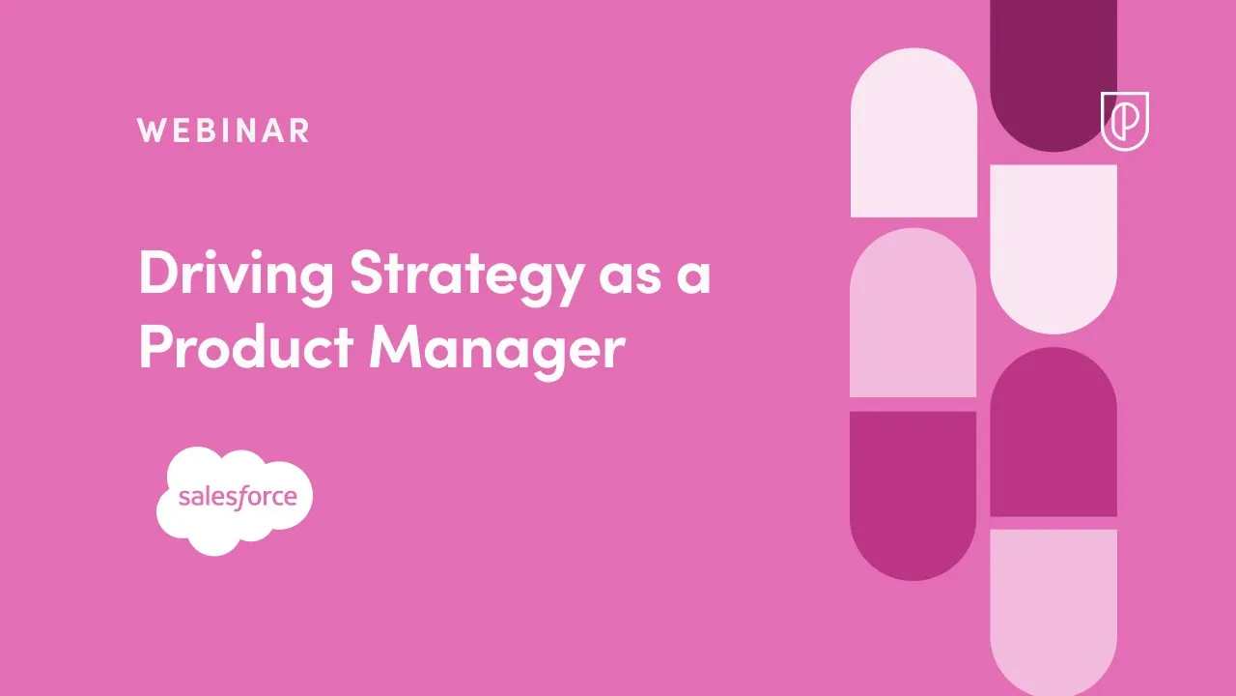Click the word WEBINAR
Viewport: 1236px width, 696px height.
tap(223, 130)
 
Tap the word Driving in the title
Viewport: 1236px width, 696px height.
tap(237, 275)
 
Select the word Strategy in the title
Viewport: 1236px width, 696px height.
tap(466, 275)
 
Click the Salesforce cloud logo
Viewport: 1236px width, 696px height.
tap(235, 500)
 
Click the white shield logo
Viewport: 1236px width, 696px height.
tap(1125, 121)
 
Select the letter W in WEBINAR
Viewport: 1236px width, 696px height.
tap(152, 130)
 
